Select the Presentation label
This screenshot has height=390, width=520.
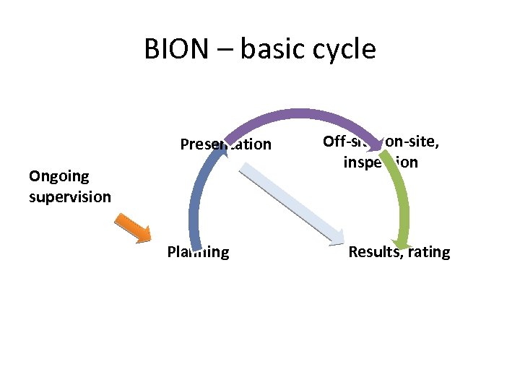point(225,144)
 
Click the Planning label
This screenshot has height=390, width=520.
point(198,252)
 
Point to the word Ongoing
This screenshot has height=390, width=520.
point(59,175)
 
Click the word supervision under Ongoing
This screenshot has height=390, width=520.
point(70,196)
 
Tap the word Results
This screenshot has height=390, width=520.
point(376,252)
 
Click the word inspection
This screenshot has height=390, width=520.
point(381,162)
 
